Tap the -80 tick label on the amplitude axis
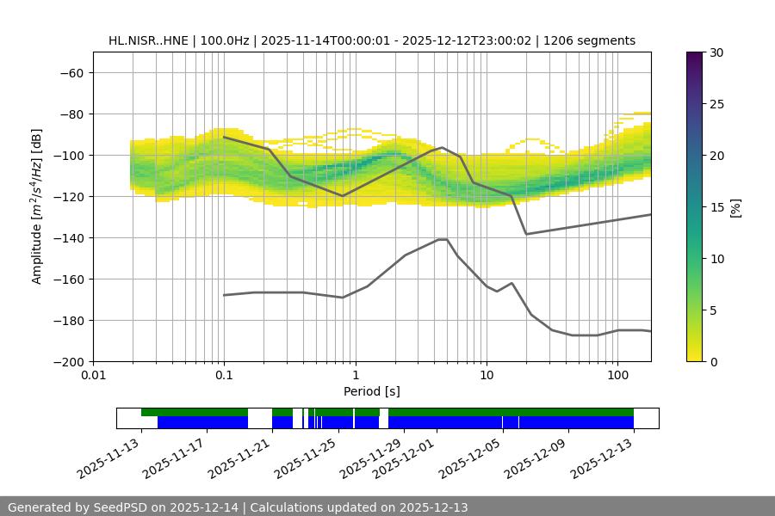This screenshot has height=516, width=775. (x=70, y=114)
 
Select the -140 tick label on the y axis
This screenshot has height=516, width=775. (x=66, y=238)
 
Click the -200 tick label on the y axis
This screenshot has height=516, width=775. (x=66, y=362)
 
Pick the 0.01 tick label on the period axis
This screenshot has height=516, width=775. (x=93, y=376)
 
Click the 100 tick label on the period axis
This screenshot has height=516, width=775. (x=617, y=376)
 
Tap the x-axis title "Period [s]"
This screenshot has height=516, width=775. (x=372, y=391)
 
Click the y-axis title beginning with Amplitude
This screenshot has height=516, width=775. (x=37, y=206)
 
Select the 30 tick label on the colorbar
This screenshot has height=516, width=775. (x=715, y=52)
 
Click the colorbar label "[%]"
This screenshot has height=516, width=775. (x=735, y=207)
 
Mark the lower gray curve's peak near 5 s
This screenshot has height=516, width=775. (x=443, y=239)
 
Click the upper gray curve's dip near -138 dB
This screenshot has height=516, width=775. (x=526, y=234)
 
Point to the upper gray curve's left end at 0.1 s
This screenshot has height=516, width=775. (x=224, y=137)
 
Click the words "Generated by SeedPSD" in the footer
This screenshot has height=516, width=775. (x=77, y=507)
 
